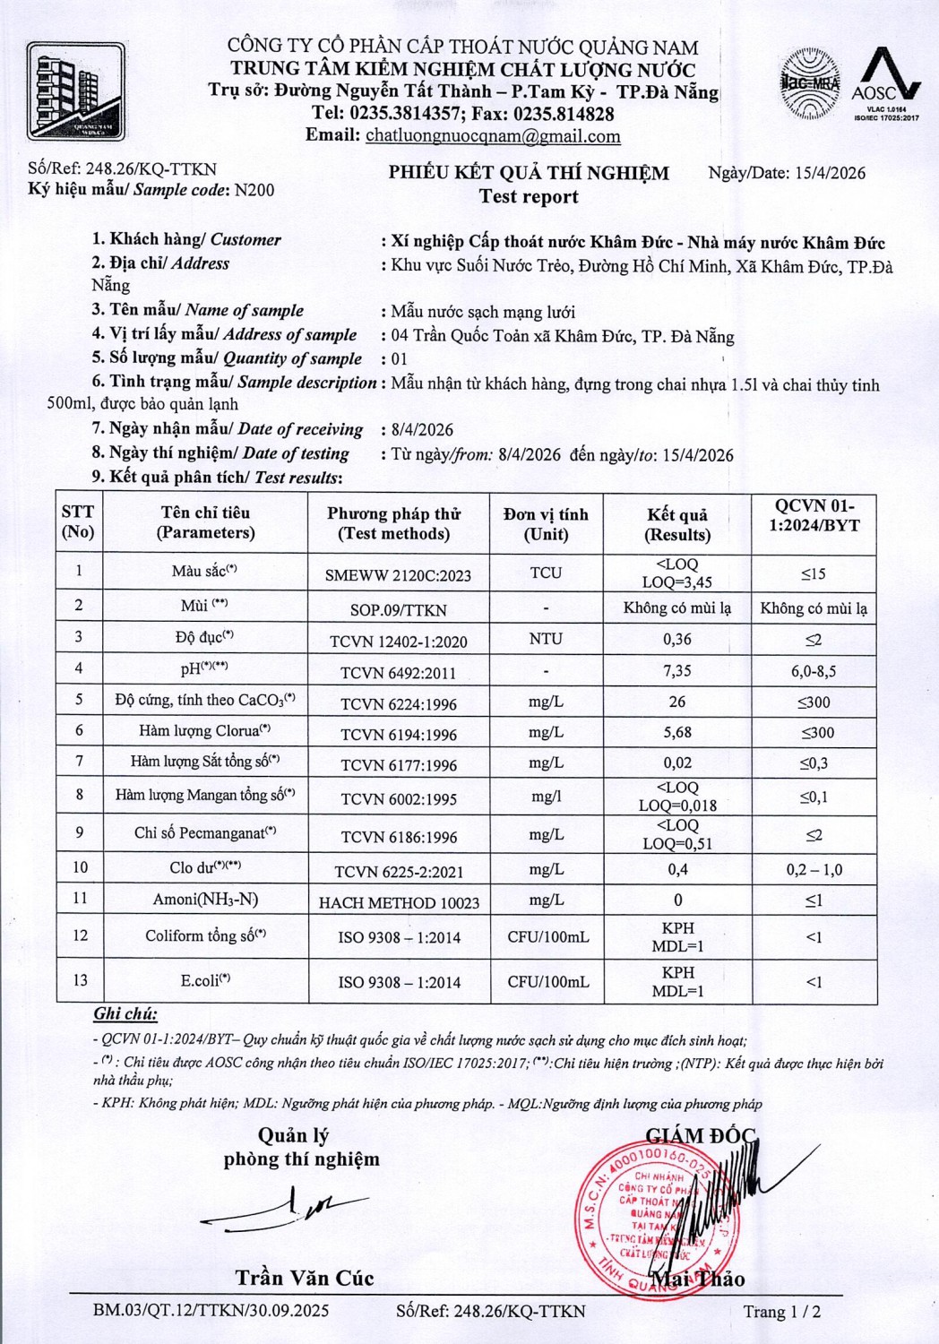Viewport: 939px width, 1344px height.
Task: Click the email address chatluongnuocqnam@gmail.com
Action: coord(493,136)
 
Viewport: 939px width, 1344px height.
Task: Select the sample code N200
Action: coord(254,190)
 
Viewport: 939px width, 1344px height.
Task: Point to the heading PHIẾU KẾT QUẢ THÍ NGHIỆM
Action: coord(529,174)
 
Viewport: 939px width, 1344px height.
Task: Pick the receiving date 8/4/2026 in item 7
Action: coord(423,430)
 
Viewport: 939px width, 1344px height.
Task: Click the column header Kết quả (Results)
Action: coord(677,524)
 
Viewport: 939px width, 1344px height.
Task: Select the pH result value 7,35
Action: coord(677,671)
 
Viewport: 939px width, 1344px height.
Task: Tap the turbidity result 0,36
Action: coord(677,640)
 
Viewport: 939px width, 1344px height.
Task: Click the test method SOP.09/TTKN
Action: coord(399,610)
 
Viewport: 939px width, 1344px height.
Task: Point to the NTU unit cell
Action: coord(546,640)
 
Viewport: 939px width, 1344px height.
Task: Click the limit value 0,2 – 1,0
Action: coord(814,869)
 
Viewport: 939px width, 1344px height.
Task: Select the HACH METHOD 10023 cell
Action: coord(399,903)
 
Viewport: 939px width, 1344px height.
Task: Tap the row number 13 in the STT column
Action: coord(80,980)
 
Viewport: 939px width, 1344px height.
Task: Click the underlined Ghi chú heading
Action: coord(125,1014)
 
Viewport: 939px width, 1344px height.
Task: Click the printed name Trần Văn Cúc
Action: coord(305,1278)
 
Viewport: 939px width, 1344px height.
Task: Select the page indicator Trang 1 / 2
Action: coord(781,1312)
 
